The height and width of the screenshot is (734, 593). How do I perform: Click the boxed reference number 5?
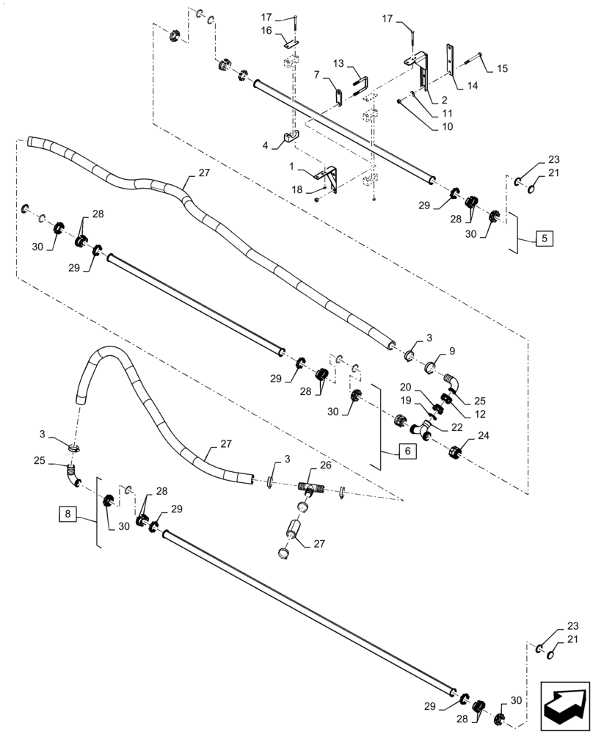pos(545,238)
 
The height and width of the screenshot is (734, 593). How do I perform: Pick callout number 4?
pos(266,145)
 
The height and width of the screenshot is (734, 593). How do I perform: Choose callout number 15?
pos(502,68)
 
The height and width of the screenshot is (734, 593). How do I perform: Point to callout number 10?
pos(448,126)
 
